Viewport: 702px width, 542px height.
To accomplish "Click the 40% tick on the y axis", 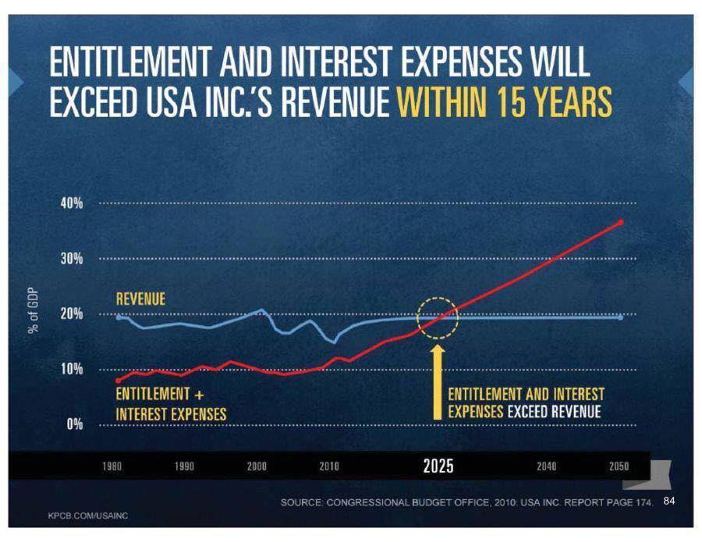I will click(x=71, y=203).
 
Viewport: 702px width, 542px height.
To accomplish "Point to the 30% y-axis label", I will click(x=71, y=258).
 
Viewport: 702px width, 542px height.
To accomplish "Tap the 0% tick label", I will click(x=75, y=424).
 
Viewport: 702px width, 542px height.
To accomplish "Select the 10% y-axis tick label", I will click(x=71, y=369).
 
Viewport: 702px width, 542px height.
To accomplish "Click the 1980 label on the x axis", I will click(x=113, y=466).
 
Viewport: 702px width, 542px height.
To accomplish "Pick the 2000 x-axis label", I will click(x=257, y=466).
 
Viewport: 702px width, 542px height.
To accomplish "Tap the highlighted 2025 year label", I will click(x=438, y=466).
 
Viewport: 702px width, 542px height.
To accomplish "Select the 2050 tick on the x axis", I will click(x=618, y=466).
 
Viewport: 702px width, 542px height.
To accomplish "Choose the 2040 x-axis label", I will click(x=547, y=466).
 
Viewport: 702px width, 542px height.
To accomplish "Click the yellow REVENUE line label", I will click(x=140, y=299).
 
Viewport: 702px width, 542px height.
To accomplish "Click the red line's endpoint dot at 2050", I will click(x=621, y=222).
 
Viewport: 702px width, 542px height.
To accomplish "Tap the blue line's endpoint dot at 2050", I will click(x=621, y=317).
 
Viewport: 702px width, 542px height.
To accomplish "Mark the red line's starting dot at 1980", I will click(x=118, y=381).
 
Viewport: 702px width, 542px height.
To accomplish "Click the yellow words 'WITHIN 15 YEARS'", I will click(x=504, y=102).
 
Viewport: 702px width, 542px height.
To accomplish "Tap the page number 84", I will click(x=668, y=501).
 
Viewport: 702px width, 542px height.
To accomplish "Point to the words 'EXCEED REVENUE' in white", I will click(x=555, y=411).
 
